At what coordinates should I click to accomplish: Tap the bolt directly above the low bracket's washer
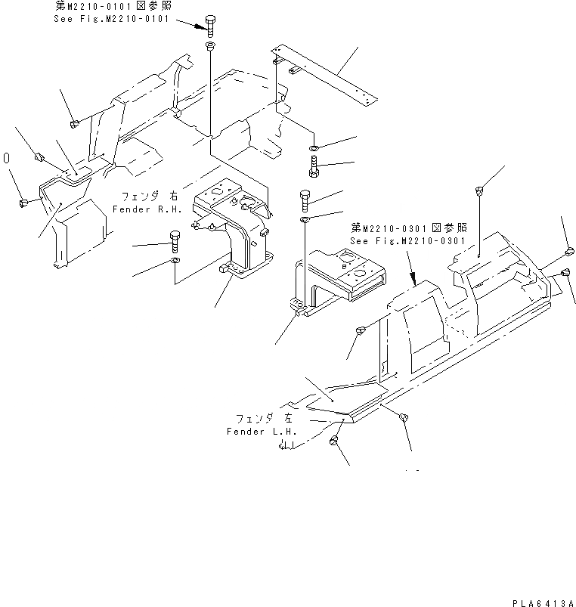point(305,200)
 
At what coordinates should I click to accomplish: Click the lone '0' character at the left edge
point(7,159)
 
